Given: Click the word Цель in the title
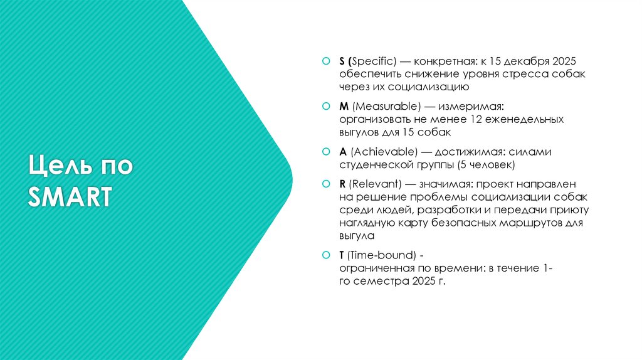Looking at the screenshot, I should [55, 167].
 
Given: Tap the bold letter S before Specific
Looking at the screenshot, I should [342, 61].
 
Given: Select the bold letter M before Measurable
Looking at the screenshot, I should [343, 107].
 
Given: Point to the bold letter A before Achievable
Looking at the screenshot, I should [342, 152].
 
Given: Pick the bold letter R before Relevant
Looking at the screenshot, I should [342, 184].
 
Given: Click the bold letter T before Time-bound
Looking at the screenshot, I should [342, 255].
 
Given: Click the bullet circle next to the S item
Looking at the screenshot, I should [325, 61].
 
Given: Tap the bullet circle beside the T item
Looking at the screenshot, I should [325, 255].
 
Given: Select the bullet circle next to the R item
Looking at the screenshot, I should [325, 184].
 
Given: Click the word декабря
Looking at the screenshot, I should [525, 61].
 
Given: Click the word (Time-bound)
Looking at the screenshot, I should [382, 255].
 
